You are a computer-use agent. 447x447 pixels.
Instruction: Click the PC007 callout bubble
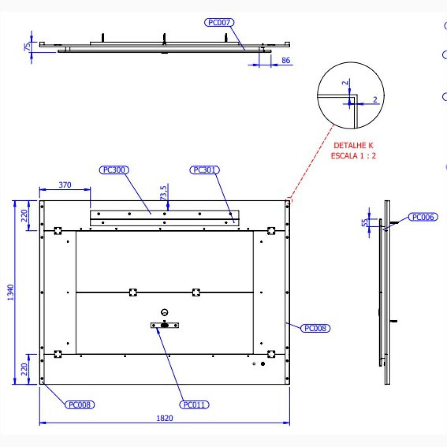(219, 22)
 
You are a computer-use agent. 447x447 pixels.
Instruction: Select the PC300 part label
(114, 170)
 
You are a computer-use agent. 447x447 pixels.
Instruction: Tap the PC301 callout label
(204, 170)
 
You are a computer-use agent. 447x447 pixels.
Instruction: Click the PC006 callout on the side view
(423, 217)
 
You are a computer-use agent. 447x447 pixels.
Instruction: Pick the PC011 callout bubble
(194, 405)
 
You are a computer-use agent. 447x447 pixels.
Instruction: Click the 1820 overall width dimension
(164, 418)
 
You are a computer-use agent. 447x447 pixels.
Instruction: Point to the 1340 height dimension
(11, 293)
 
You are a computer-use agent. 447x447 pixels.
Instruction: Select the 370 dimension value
(65, 185)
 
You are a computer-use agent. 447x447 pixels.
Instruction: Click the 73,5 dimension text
(164, 193)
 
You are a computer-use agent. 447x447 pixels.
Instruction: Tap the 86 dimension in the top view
(286, 60)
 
